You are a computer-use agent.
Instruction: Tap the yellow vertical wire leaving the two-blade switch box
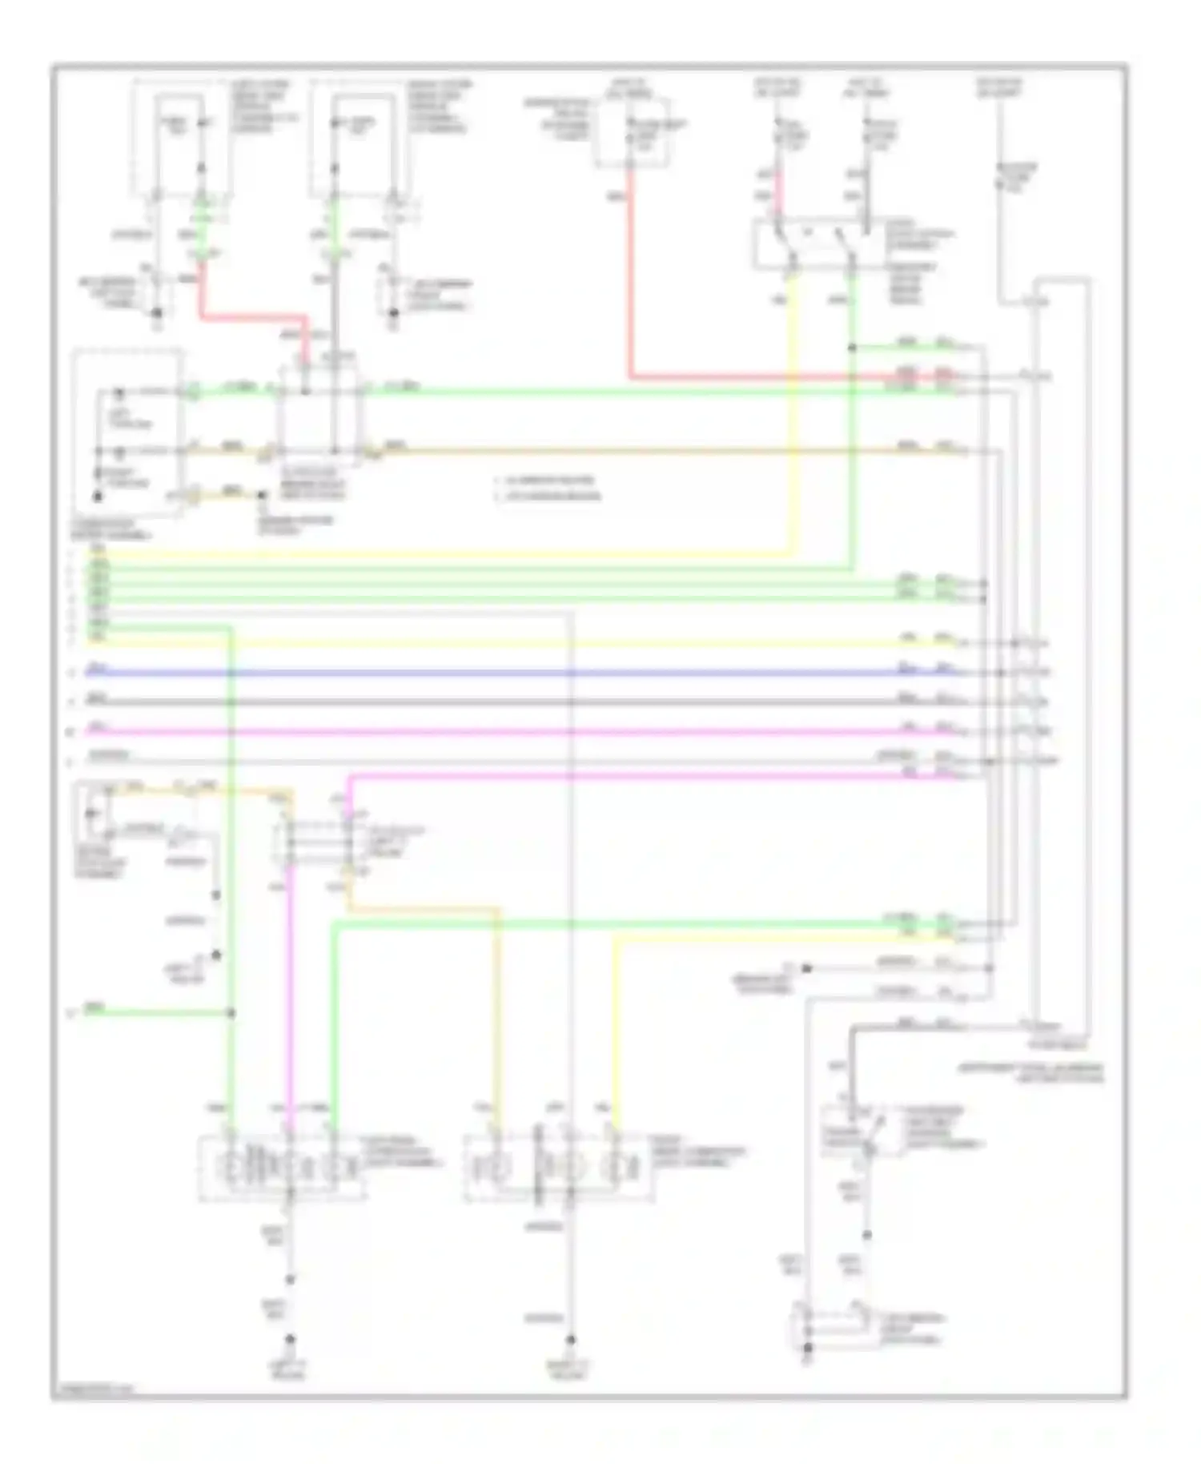point(794,416)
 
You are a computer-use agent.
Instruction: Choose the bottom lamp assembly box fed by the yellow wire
point(558,1168)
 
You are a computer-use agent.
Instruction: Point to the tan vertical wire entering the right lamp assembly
point(497,1025)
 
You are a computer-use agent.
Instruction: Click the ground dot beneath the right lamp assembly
point(571,1339)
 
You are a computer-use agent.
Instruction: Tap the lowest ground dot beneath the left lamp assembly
point(290,1339)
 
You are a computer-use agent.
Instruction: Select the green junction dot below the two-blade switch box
point(852,348)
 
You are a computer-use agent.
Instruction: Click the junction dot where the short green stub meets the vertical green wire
point(231,1013)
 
